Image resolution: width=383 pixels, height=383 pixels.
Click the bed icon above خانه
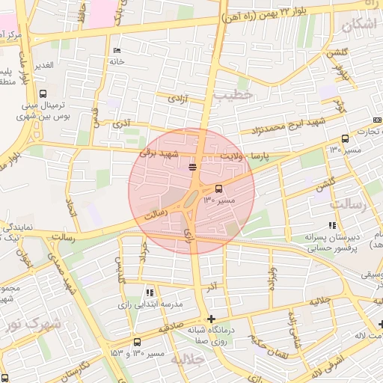tap(116, 51)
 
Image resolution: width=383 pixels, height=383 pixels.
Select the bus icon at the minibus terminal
tap(43, 95)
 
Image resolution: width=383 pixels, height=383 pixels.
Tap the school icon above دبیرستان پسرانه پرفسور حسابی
tap(332, 225)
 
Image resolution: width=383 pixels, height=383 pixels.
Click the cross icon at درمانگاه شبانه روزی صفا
tap(212, 319)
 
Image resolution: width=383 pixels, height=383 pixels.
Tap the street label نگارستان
tap(75, 369)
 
